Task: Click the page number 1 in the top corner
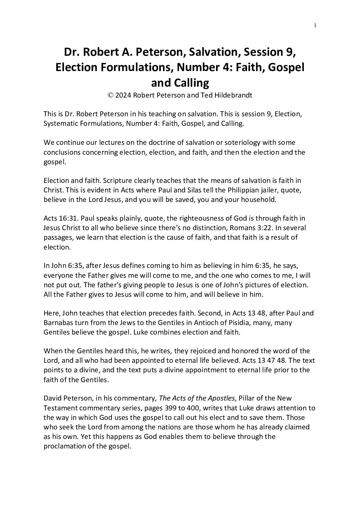click(315, 24)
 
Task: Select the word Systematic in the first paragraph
click(60, 123)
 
